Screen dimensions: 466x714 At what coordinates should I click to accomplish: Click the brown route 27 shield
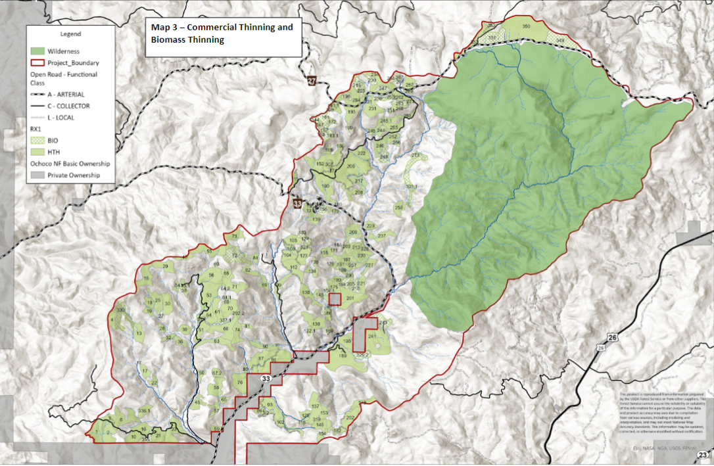click(312, 80)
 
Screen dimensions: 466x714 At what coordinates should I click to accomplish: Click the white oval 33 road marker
click(266, 380)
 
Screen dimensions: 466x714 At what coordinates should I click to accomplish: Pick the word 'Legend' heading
click(70, 34)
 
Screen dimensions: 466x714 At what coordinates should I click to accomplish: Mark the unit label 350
click(526, 26)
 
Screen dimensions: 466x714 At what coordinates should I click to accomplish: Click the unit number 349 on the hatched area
click(559, 41)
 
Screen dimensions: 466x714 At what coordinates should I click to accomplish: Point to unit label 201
click(350, 299)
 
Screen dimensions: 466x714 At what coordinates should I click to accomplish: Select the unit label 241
click(372, 337)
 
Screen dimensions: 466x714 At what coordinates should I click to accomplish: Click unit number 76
click(240, 382)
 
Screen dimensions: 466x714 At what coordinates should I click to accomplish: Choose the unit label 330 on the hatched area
click(120, 310)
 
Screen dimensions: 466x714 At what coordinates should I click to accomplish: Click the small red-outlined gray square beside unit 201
click(335, 300)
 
